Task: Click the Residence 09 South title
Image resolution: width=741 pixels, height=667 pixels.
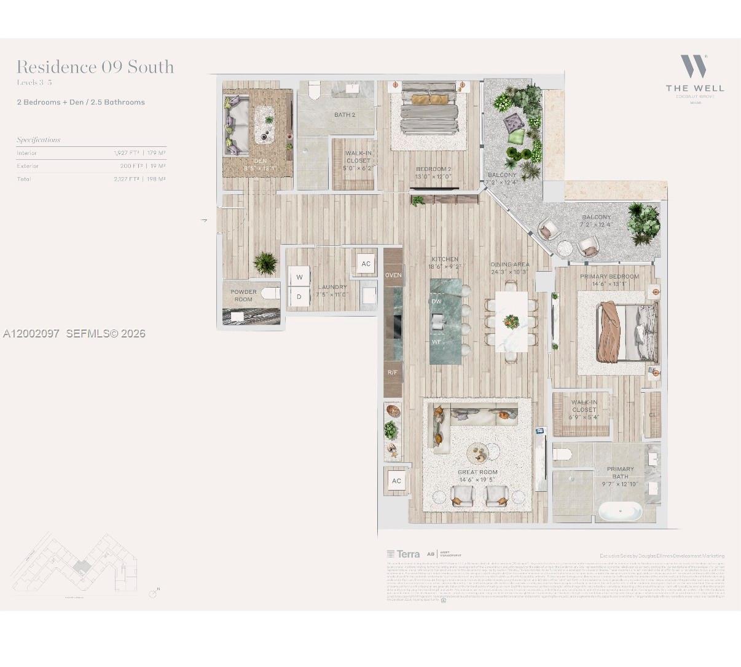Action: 95,67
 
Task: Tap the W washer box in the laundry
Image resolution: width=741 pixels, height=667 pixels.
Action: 299,277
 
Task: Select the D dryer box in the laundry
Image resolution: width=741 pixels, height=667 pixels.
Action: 299,296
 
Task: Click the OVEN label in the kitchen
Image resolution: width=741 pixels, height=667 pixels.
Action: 393,275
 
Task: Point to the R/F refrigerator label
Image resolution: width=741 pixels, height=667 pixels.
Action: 393,373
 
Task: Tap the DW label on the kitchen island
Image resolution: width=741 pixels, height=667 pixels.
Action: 436,301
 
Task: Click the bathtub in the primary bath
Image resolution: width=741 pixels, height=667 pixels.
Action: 619,511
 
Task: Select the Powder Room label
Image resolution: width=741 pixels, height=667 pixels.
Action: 243,296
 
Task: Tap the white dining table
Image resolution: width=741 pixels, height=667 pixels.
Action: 511,322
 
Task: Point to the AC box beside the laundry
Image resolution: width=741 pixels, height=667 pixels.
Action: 366,264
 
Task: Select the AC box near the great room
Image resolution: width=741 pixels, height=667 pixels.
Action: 396,481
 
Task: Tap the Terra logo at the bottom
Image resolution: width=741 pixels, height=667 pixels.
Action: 404,554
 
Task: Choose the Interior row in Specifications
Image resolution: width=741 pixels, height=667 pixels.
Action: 91,153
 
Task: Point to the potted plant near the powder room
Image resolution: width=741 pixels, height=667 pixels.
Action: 265,262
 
